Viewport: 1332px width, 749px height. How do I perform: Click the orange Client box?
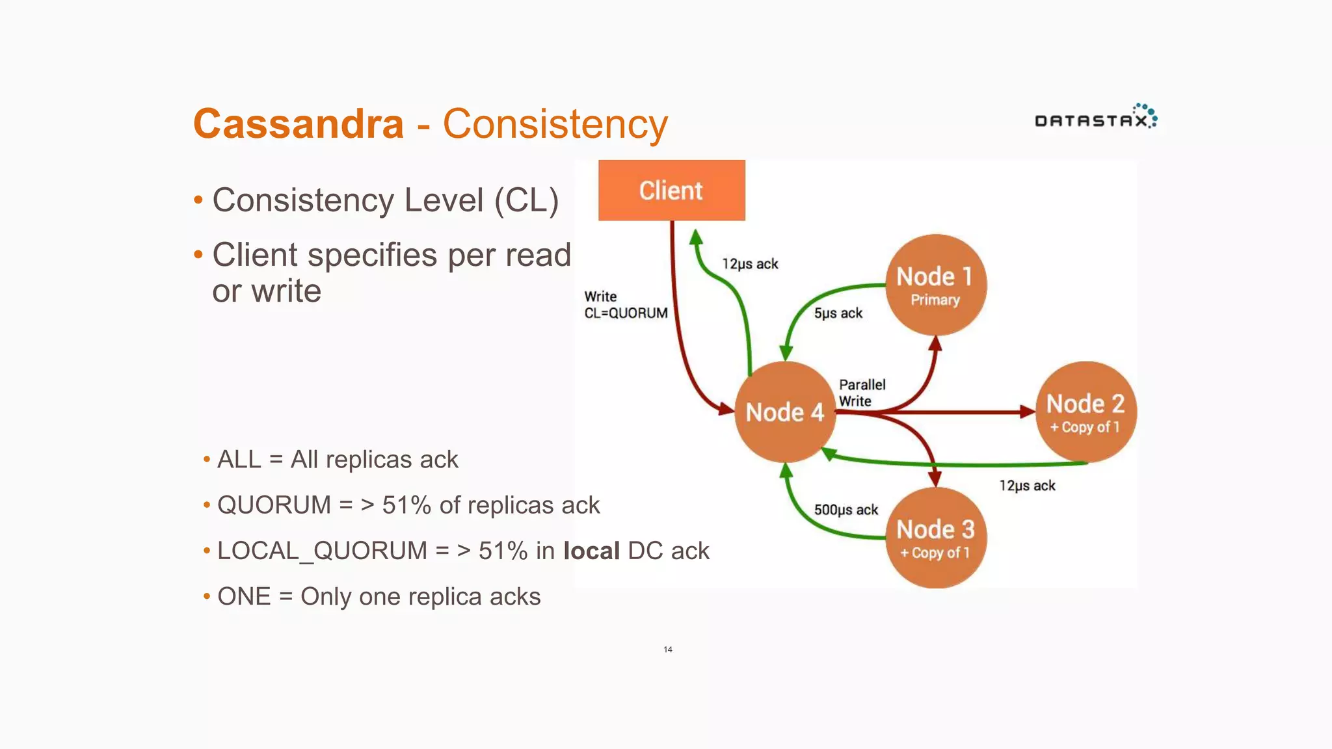(x=671, y=191)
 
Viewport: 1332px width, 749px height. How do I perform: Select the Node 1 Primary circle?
(x=935, y=285)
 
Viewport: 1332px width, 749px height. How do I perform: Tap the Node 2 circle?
(x=1086, y=412)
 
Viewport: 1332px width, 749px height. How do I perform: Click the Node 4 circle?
(x=784, y=412)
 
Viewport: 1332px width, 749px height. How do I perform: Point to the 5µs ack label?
(x=838, y=313)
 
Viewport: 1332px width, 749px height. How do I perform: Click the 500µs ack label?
(x=846, y=510)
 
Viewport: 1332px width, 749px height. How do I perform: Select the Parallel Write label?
(x=862, y=393)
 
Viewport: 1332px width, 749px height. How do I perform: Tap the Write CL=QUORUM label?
(x=625, y=305)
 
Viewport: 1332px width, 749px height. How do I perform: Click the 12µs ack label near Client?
(x=750, y=264)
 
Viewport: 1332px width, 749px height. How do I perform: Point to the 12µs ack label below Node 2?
(x=1027, y=486)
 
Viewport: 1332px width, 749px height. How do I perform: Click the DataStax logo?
(x=1095, y=117)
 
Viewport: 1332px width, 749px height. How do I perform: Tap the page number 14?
(x=668, y=650)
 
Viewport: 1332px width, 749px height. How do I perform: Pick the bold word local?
(x=591, y=551)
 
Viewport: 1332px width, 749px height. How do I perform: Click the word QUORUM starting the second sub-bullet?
(x=274, y=505)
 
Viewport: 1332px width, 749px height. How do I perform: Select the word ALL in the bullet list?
(x=239, y=460)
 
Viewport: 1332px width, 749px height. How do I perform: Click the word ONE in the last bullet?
(x=244, y=596)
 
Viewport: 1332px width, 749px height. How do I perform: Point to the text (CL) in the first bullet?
(x=526, y=200)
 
